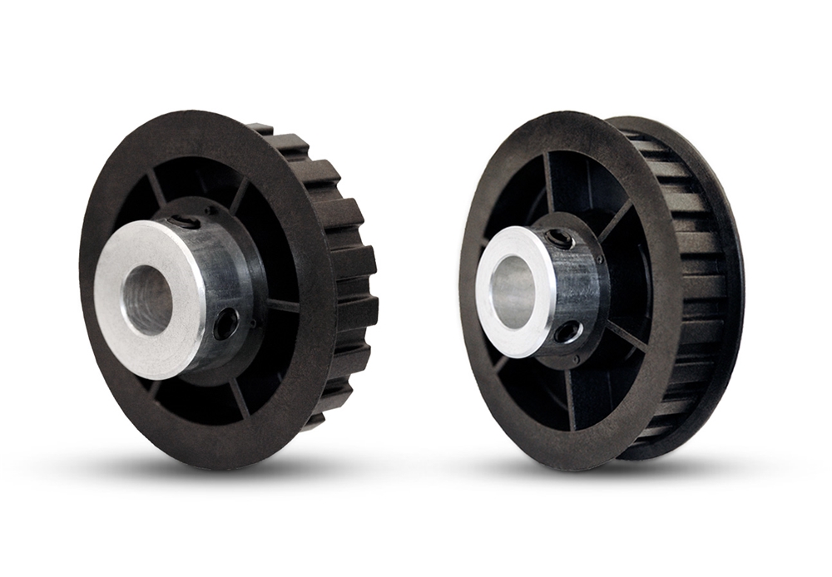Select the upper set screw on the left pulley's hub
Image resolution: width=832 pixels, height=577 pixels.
click(x=188, y=222)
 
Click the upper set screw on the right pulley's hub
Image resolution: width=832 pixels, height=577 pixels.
click(x=558, y=239)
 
